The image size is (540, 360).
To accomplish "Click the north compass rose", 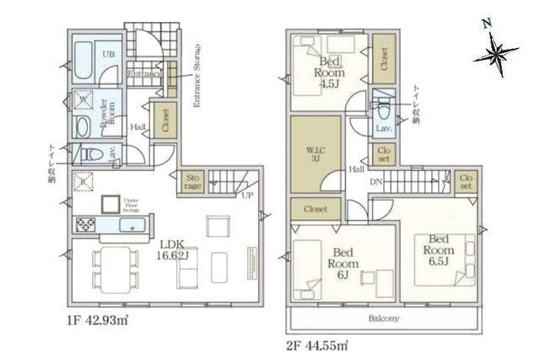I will pyautogui.click(x=496, y=54).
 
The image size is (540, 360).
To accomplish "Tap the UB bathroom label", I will pyautogui.click(x=109, y=54).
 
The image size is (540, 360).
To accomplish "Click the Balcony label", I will pyautogui.click(x=384, y=319).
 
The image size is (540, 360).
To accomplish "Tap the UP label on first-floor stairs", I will pyautogui.click(x=247, y=196).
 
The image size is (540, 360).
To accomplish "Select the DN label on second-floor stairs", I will pyautogui.click(x=379, y=182).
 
